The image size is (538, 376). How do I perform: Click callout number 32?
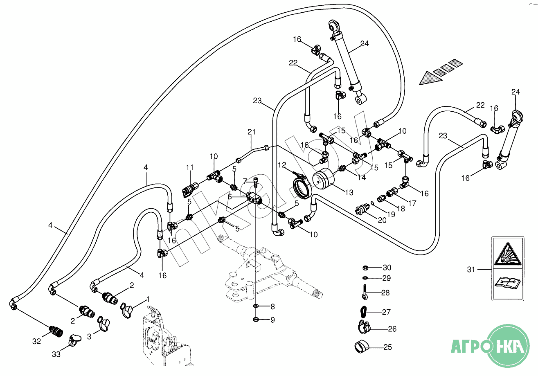click(37, 341)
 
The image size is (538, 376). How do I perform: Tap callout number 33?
click(56, 354)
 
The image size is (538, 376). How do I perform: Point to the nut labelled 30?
click(365, 268)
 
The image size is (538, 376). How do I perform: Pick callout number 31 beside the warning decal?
click(471, 270)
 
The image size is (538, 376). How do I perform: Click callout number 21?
click(251, 132)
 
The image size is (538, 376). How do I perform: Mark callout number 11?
click(189, 167)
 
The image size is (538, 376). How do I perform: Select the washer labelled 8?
click(255, 306)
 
